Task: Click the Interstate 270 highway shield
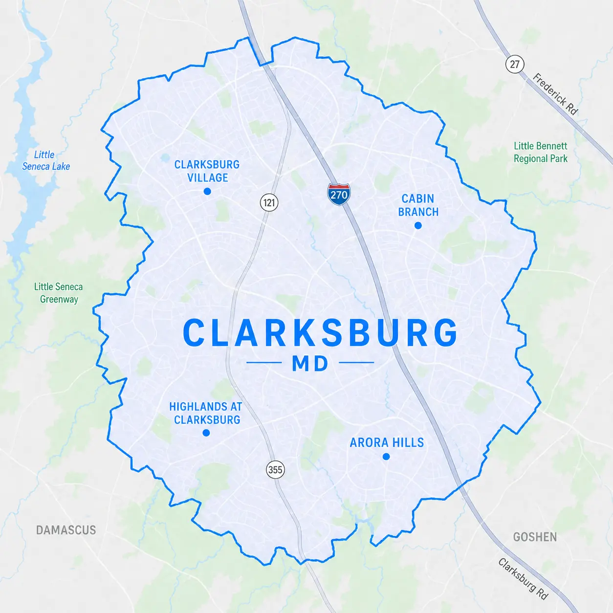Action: tap(339, 194)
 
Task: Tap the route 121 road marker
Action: tap(269, 202)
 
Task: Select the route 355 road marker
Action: tap(275, 470)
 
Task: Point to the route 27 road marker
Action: tap(514, 64)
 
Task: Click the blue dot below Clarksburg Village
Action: tap(207, 191)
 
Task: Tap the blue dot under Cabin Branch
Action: tap(418, 225)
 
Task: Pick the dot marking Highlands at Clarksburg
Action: tap(206, 433)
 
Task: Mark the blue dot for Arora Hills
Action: tap(386, 457)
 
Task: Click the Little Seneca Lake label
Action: tap(45, 160)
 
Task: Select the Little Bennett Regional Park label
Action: tap(541, 152)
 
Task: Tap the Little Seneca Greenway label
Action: tap(58, 293)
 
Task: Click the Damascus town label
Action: tap(66, 530)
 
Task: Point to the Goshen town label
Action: tap(535, 537)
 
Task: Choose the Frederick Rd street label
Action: tap(555, 94)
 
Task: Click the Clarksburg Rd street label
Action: tap(523, 579)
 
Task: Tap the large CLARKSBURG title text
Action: tap(320, 333)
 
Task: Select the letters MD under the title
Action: tap(310, 364)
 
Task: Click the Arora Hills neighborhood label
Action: tap(387, 442)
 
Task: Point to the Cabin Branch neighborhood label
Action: tap(418, 205)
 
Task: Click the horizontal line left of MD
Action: tap(264, 363)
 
